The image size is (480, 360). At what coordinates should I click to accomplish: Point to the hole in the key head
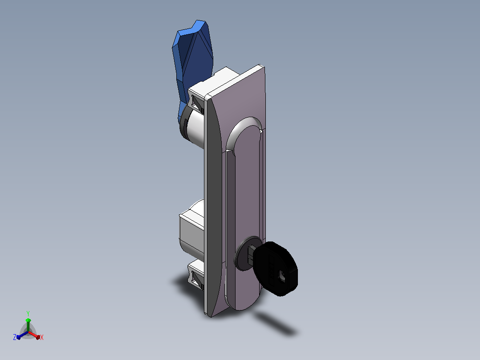281,277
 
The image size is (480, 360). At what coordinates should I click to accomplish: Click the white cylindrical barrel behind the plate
196,129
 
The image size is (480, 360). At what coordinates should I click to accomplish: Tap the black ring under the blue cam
183,126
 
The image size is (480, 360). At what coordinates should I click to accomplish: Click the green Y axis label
28,313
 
